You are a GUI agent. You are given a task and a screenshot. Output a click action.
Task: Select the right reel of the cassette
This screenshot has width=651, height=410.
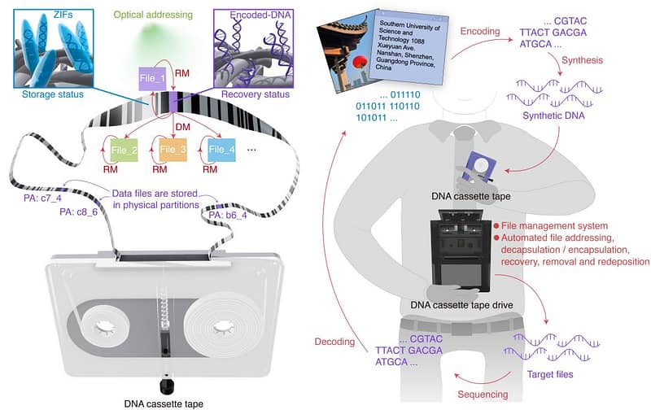221,329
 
